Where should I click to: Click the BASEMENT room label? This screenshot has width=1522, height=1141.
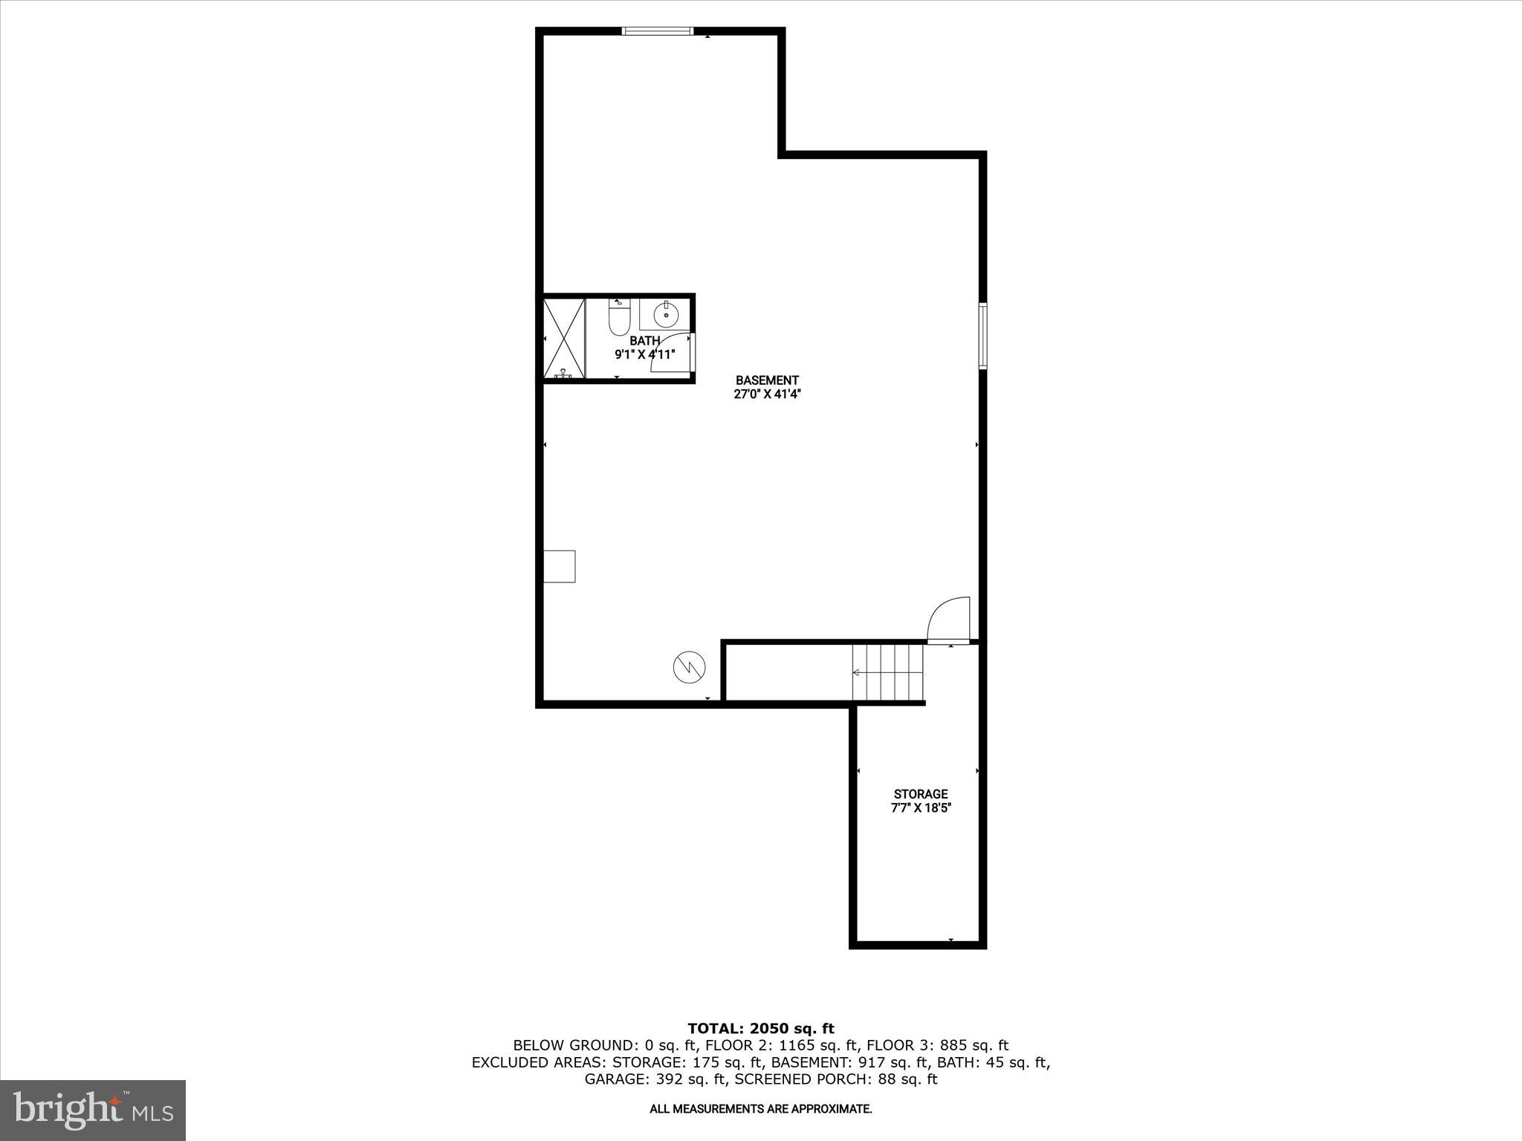click(x=767, y=380)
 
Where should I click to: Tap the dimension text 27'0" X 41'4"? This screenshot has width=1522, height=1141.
click(x=767, y=394)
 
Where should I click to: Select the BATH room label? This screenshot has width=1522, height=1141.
click(x=644, y=341)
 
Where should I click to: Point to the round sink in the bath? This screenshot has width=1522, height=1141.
click(x=666, y=315)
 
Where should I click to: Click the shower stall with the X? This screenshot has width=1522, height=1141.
click(x=565, y=338)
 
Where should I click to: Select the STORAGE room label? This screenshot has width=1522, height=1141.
click(x=920, y=794)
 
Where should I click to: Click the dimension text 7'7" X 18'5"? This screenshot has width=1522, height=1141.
click(x=920, y=808)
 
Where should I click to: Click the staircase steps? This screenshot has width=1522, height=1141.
click(x=887, y=672)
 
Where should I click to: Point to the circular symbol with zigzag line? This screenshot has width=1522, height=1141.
click(x=689, y=666)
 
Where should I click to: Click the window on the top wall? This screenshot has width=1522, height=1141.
click(x=657, y=31)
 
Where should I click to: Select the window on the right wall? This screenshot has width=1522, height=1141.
click(x=982, y=336)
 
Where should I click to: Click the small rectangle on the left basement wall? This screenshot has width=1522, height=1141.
click(x=560, y=566)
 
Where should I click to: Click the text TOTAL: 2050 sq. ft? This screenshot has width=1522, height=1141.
click(x=760, y=1029)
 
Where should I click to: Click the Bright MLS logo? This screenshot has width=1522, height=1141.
click(x=93, y=1109)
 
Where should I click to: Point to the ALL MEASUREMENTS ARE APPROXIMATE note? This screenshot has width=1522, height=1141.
click(x=760, y=1109)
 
